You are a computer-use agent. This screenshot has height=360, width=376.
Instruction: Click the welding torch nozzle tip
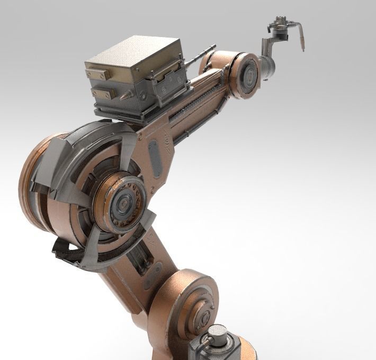tap(303, 48)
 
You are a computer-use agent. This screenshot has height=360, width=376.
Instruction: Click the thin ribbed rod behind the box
tap(196, 59)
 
